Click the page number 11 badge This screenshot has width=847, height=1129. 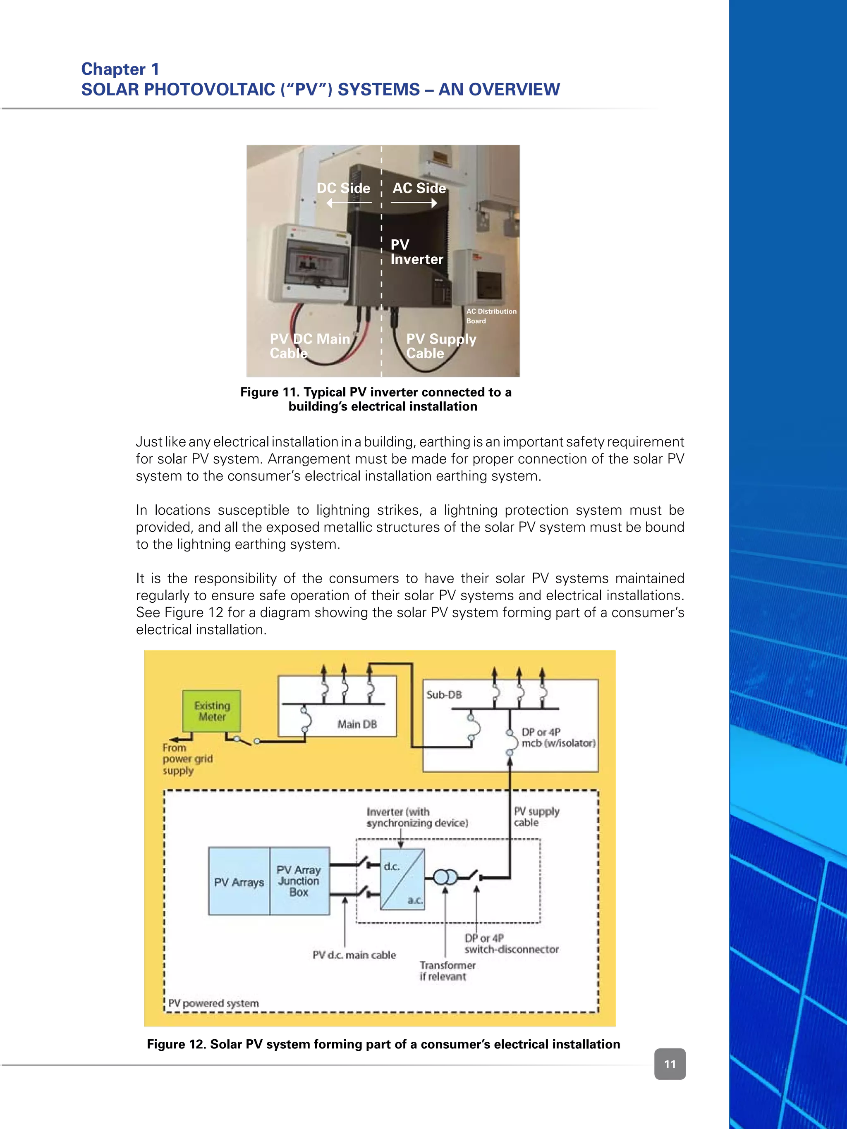coord(670,1064)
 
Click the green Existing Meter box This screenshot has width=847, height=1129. coord(211,711)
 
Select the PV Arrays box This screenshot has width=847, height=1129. coord(239,882)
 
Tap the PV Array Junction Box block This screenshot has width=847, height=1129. coord(299,881)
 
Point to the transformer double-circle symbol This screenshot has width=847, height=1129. coord(445,877)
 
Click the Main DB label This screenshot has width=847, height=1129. coord(357,724)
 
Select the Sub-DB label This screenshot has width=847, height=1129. coord(444,695)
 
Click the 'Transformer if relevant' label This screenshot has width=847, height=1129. coord(447,971)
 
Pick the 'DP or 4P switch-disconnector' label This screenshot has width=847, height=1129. coord(511,944)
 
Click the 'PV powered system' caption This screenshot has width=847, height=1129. coord(213,1003)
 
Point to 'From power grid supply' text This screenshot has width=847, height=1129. coord(187,759)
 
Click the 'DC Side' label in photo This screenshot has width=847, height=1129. coord(343,188)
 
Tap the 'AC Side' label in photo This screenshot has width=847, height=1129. coord(419,188)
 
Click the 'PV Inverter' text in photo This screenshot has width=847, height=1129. coord(416,252)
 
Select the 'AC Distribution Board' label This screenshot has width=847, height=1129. coord(490,316)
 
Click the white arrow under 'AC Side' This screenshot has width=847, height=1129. coord(414,203)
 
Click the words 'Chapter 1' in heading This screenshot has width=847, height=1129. coord(120,69)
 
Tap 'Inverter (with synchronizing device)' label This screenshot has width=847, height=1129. coord(416,817)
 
